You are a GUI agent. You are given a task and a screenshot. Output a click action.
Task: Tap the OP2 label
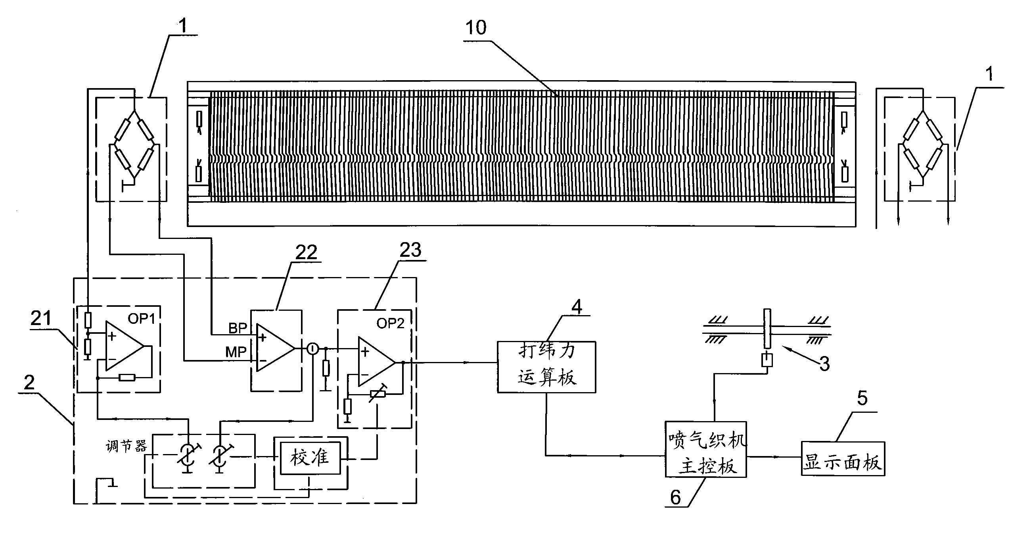click(390, 323)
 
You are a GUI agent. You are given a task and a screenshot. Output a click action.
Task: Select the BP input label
click(238, 328)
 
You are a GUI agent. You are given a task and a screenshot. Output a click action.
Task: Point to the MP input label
click(236, 352)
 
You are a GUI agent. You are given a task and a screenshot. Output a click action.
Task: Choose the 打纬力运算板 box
click(546, 367)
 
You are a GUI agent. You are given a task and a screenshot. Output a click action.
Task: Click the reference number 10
click(476, 28)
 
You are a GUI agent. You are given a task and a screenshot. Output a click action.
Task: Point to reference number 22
click(306, 252)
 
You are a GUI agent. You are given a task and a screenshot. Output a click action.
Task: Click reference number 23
click(410, 250)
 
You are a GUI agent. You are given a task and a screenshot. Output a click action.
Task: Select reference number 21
click(42, 318)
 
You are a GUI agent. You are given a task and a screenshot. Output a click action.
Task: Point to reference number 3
click(824, 364)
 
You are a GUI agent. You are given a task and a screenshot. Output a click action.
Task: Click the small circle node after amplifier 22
click(312, 349)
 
